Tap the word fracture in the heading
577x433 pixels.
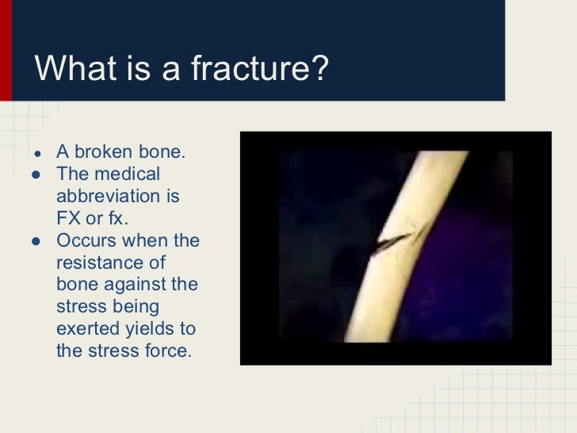point(251,69)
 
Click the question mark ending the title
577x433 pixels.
point(317,69)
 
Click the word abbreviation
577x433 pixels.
point(117,195)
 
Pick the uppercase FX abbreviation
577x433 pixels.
point(70,217)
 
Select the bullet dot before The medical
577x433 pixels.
point(36,174)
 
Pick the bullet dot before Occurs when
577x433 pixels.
point(36,240)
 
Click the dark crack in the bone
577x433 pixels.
point(394,239)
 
